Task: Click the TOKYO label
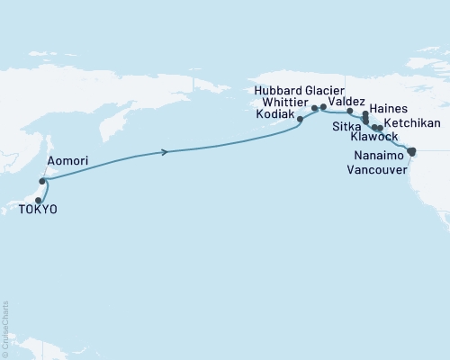point(37,210)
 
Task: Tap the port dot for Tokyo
point(39,200)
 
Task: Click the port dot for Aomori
point(42,181)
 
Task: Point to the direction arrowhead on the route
point(165,151)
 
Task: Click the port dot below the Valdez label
point(350,112)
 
